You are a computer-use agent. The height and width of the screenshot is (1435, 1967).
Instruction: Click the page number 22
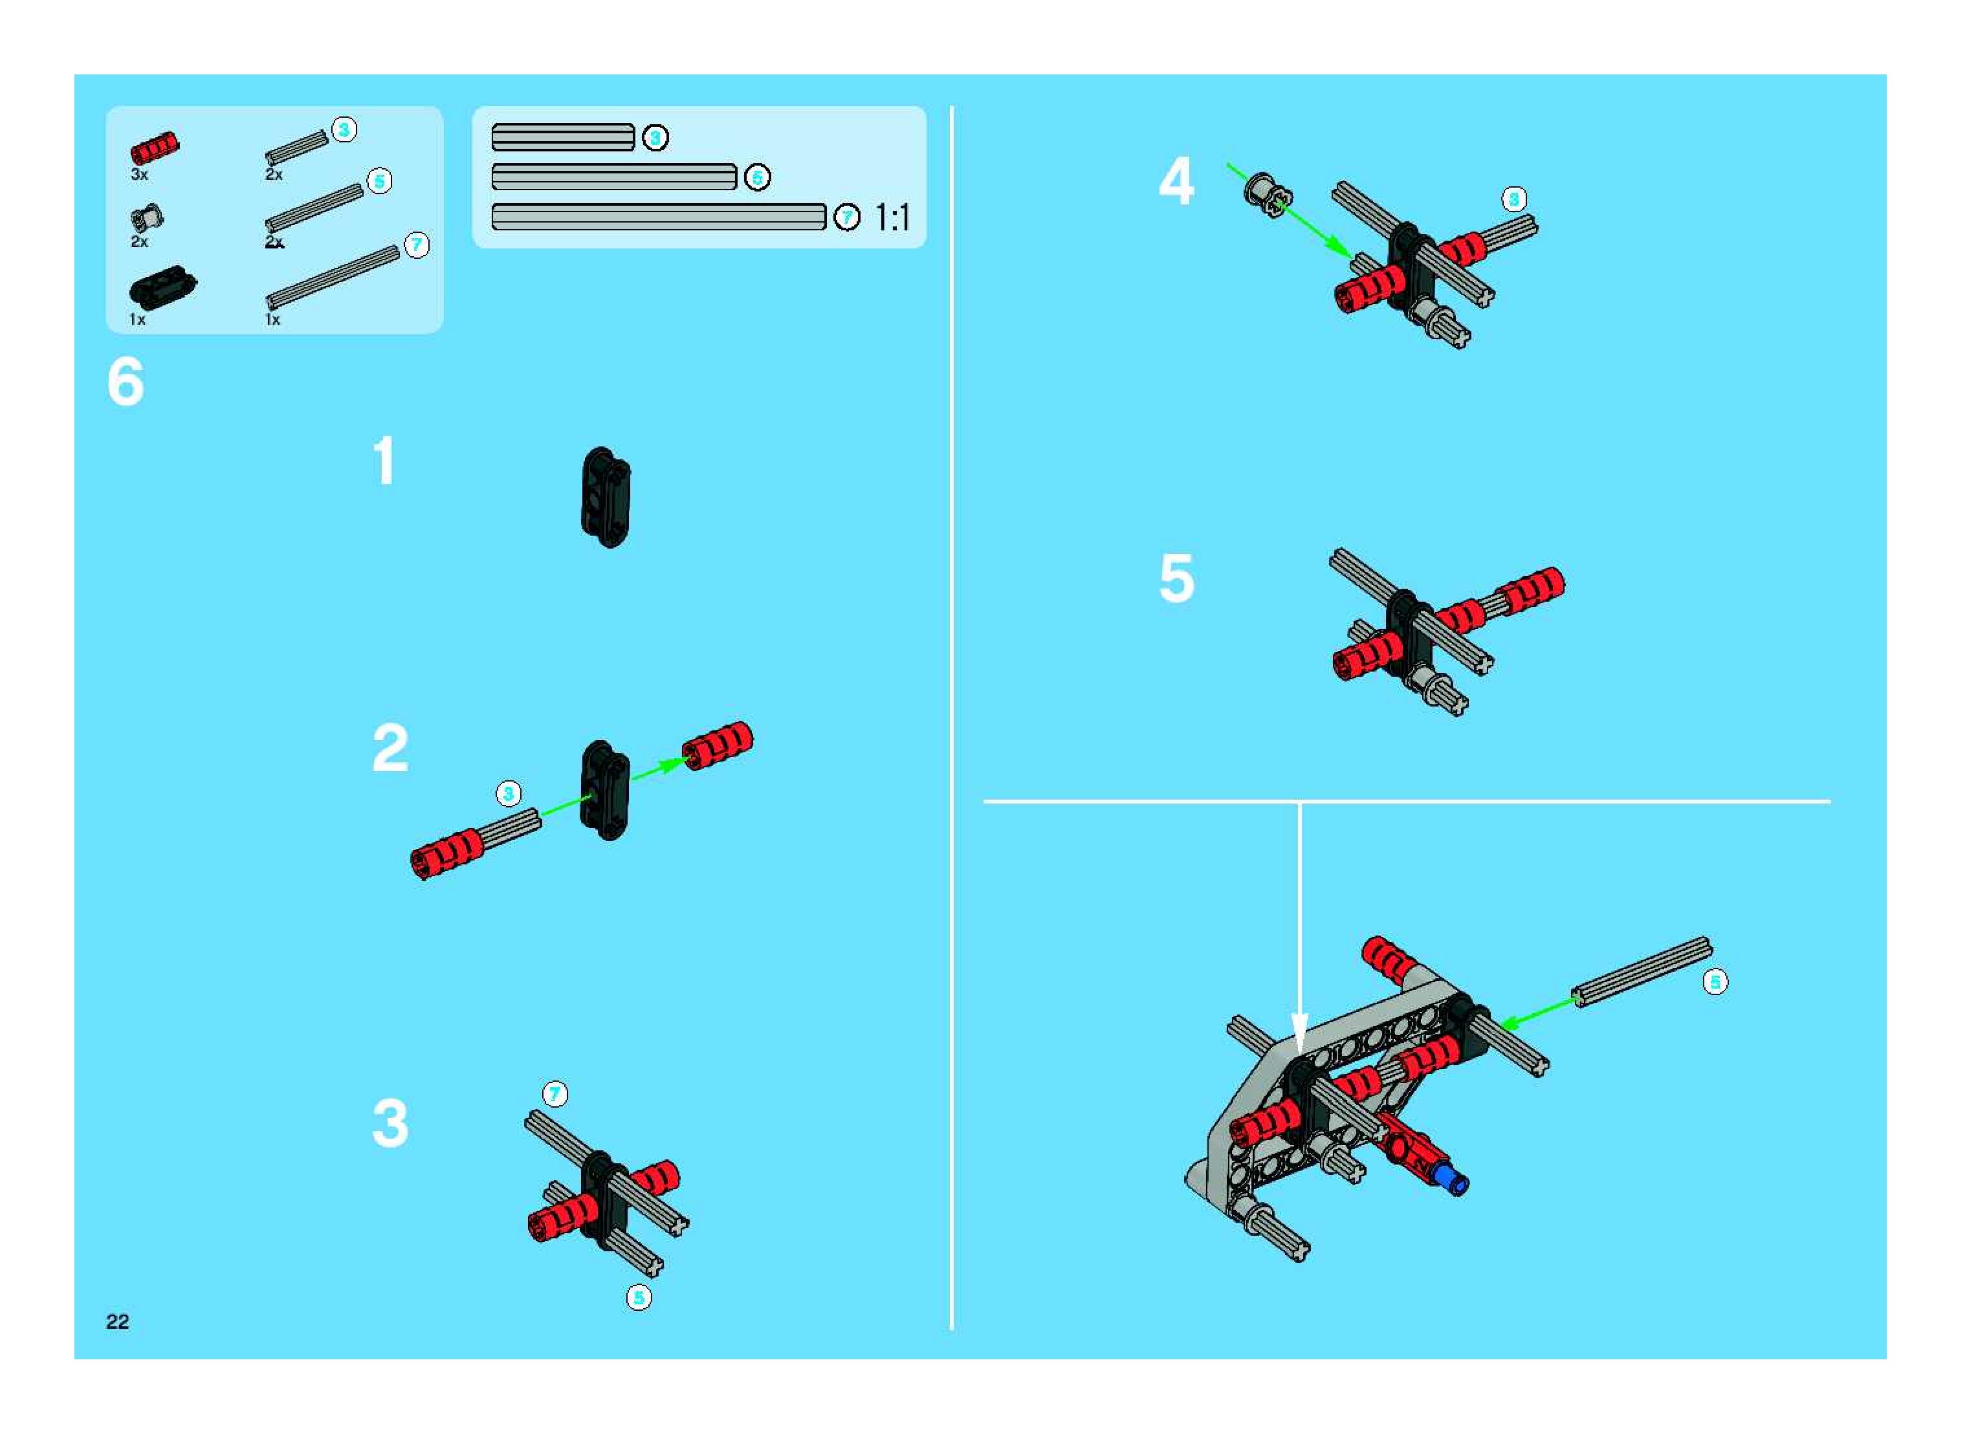pos(117,1321)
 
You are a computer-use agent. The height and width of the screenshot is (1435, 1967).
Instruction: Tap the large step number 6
pos(126,382)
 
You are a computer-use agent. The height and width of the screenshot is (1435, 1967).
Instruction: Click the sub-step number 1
pos(384,461)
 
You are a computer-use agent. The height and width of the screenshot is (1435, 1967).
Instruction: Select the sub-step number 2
pos(390,748)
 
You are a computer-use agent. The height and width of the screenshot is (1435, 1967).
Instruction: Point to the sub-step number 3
pos(390,1123)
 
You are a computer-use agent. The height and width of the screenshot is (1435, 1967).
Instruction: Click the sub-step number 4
pos(1176,182)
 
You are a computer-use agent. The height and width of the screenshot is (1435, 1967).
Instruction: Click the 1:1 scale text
pos(893,217)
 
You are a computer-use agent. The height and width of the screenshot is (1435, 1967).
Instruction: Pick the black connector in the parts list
pos(162,287)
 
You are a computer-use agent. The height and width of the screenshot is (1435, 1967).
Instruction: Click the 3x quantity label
pos(139,175)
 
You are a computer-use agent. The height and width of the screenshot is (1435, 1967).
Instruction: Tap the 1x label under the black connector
pos(137,320)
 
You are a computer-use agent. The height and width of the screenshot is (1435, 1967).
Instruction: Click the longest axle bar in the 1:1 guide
pos(659,217)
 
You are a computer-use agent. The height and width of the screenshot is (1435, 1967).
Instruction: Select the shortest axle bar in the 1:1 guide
pos(563,137)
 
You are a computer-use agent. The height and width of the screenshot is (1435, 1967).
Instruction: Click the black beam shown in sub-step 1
pos(606,497)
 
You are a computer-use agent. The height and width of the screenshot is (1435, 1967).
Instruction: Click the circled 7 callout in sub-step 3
pos(555,1093)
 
